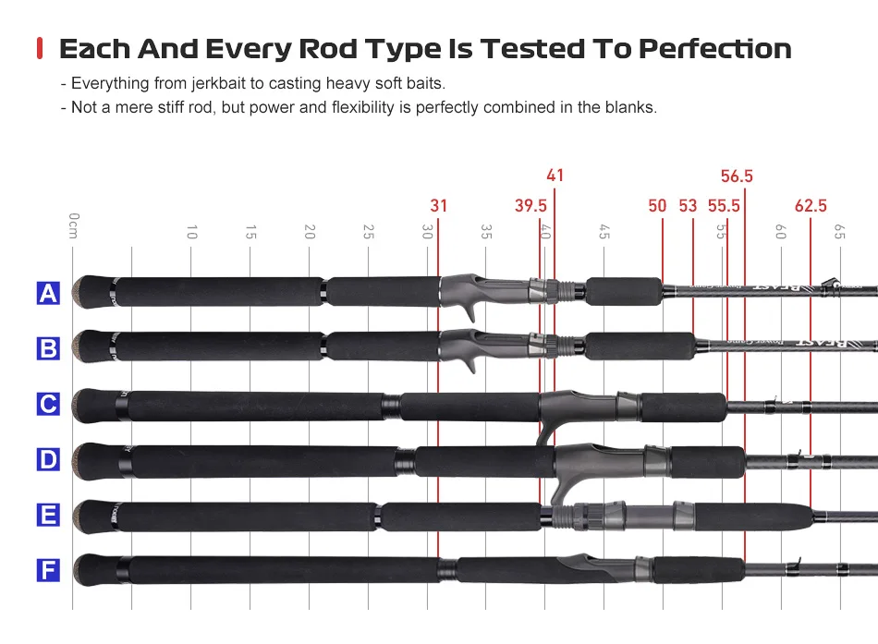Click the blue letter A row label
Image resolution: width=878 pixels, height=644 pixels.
pos(48,294)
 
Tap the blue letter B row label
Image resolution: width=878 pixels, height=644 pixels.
pos(48,348)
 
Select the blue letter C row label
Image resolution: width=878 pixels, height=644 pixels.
pos(48,404)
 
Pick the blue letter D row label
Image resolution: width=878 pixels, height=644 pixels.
pos(48,459)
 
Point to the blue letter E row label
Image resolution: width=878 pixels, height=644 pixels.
pos(48,515)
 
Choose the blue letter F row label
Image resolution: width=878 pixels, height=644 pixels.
pos(48,570)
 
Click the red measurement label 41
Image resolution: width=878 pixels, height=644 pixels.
pos(555,176)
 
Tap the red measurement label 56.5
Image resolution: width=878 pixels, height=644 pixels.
pos(737,176)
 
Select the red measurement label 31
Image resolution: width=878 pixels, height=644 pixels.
pos(438,206)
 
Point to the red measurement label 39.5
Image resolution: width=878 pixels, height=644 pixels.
pos(531,206)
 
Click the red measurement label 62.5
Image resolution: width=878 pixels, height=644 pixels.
pos(811,206)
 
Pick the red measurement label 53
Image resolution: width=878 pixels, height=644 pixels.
pos(688,206)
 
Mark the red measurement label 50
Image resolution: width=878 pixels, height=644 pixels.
pos(657,206)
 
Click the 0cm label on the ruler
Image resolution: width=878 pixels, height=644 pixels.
pos(74,225)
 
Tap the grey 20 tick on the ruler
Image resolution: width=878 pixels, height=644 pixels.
pos(310,231)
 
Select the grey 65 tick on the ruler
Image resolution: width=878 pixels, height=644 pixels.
pos(839,231)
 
